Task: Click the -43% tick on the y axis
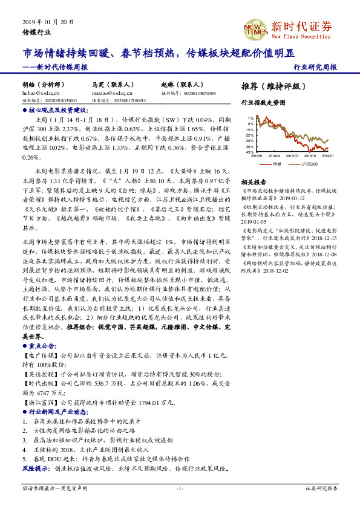249,152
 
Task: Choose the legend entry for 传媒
277,164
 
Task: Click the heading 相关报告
254,182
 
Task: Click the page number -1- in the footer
180,488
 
